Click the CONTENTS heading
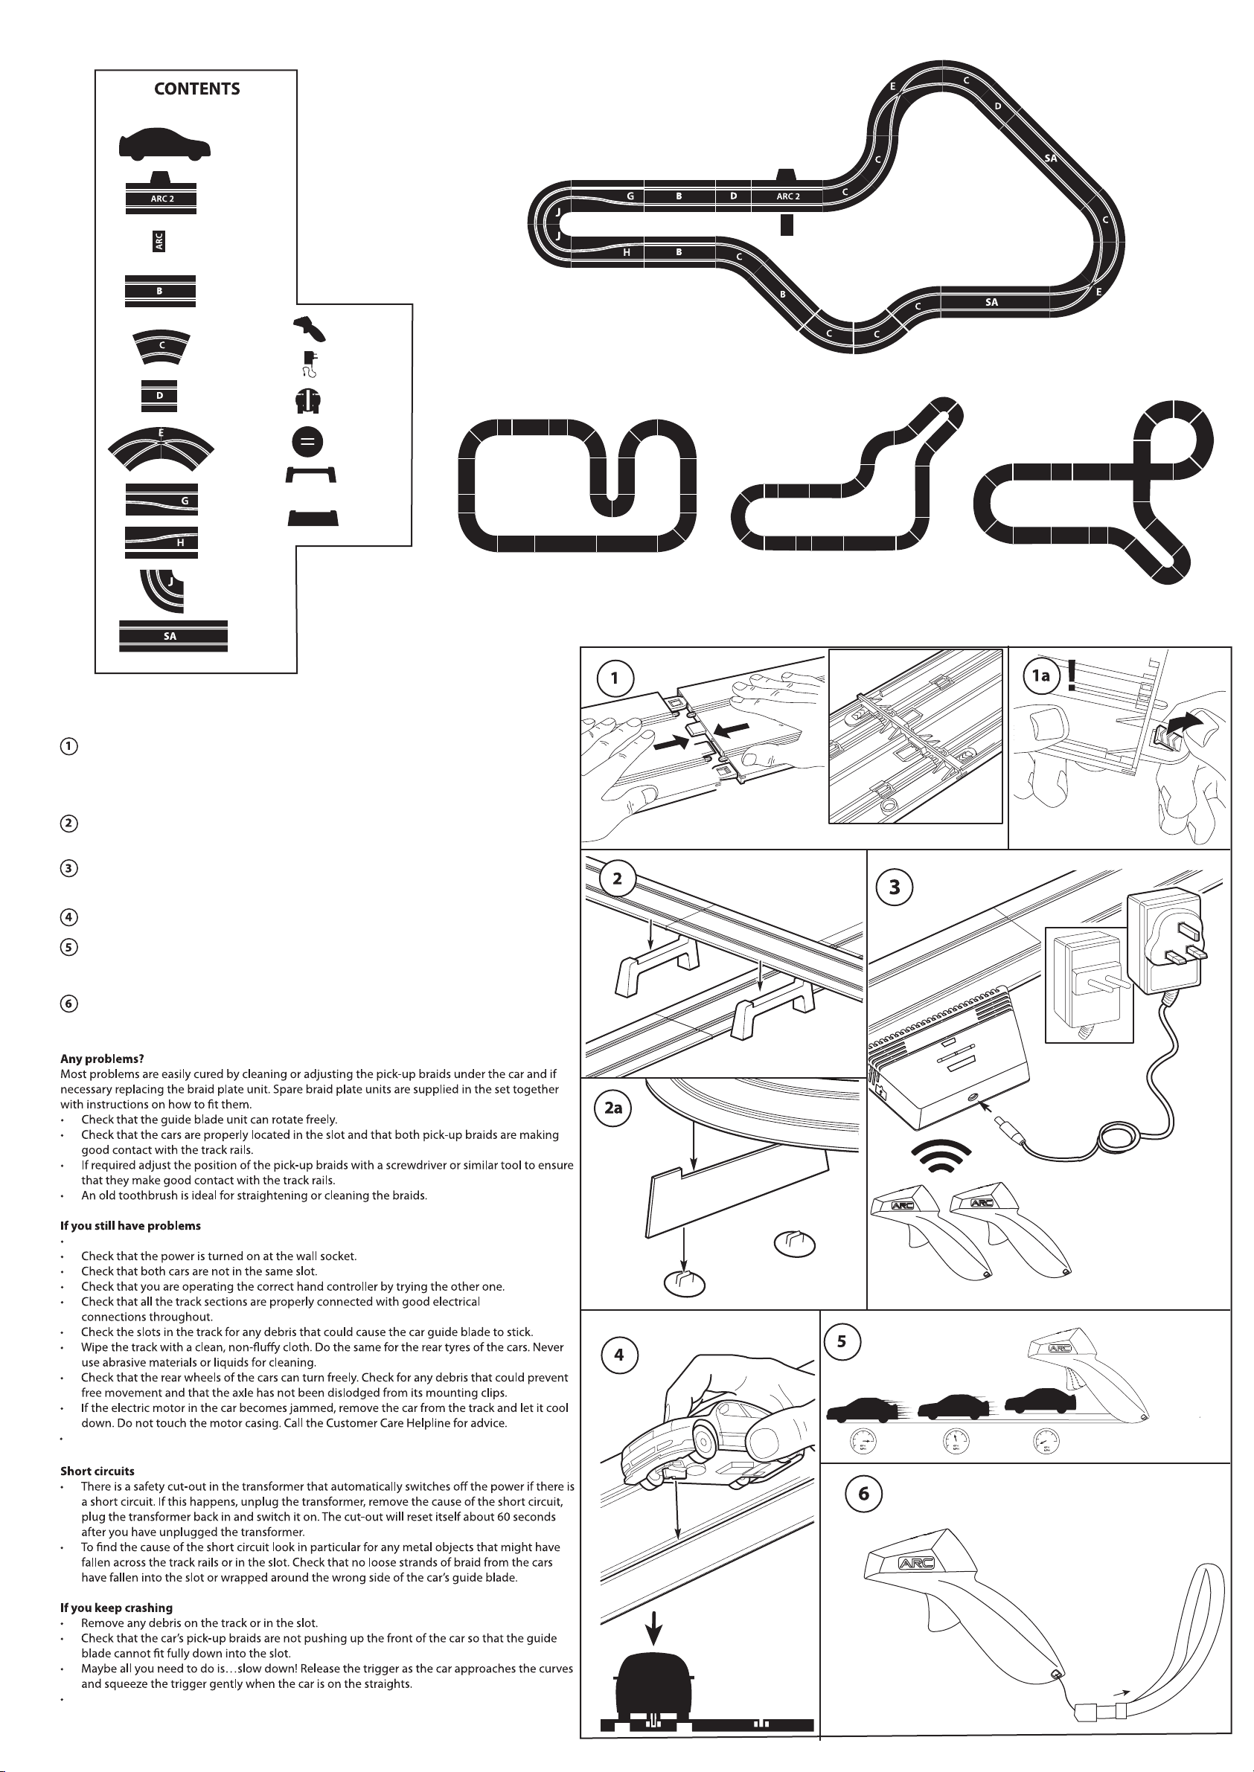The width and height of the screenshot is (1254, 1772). point(197,89)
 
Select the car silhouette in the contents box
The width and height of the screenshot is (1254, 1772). point(164,144)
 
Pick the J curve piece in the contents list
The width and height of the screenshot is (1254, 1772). point(163,591)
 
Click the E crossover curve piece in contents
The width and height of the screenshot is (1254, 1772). point(161,447)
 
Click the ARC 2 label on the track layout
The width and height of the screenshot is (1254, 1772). point(787,196)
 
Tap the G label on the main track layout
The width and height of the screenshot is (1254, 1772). point(630,196)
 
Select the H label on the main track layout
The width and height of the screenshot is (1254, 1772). point(627,252)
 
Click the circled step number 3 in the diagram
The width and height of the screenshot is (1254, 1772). point(894,887)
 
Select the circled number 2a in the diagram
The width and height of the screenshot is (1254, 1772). point(613,1108)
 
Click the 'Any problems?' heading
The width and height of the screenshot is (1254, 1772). point(102,1059)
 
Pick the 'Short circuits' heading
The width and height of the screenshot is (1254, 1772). point(97,1471)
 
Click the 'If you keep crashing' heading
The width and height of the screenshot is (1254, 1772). point(116,1608)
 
